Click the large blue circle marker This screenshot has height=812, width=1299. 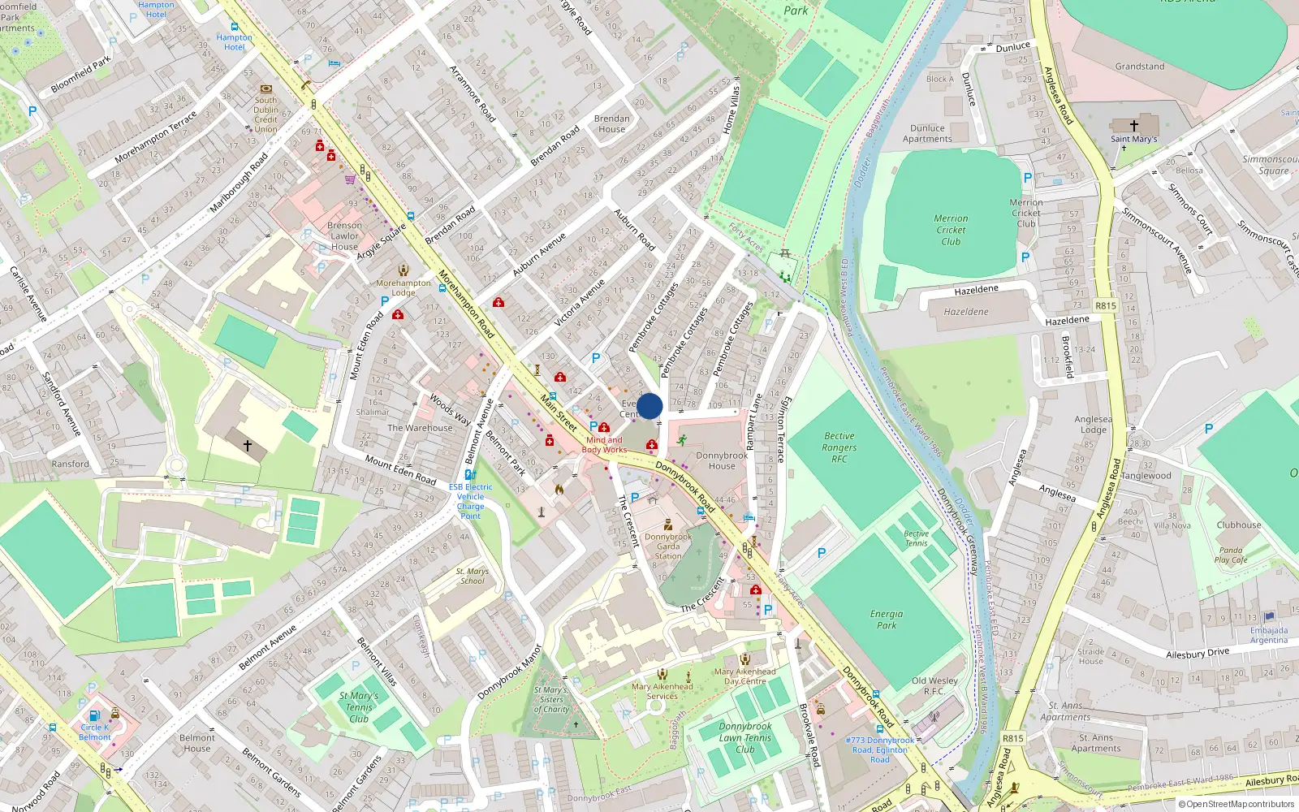[x=649, y=406]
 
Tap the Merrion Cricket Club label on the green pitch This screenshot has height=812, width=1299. [x=951, y=230]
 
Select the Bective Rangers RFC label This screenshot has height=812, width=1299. [x=839, y=447]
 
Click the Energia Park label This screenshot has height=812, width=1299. [x=886, y=620]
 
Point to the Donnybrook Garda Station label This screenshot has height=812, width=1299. [x=668, y=546]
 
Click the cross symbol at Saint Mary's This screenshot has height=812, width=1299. [x=1134, y=126]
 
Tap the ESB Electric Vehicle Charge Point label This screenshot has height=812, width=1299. [x=470, y=501]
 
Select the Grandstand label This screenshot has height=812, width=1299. [x=1139, y=67]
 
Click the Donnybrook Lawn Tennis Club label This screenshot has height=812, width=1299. [x=744, y=738]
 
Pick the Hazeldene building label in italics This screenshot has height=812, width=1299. [x=966, y=312]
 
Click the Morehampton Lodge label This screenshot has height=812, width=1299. [x=404, y=287]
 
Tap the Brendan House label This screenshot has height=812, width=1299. [x=611, y=123]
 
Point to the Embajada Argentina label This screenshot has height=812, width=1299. [x=1269, y=635]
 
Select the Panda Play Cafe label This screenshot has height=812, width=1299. [x=1231, y=555]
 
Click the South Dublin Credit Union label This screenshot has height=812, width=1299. [x=265, y=114]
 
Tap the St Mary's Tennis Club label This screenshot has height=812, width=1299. [x=359, y=706]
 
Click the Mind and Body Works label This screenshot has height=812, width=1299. [x=604, y=444]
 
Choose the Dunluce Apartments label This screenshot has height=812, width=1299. [x=927, y=133]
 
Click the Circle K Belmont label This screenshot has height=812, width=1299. [x=96, y=732]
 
